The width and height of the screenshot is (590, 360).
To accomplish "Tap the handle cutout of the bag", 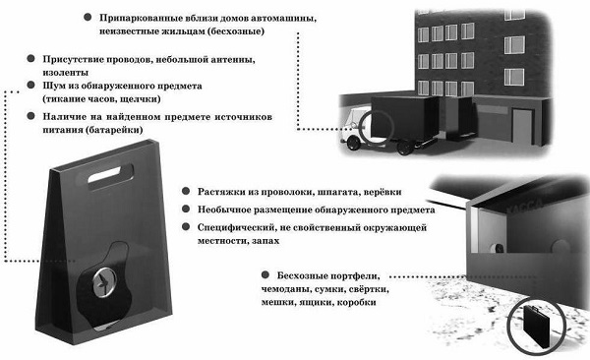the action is pyautogui.click(x=110, y=175).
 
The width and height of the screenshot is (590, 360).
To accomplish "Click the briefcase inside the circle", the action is pyautogui.click(x=536, y=327).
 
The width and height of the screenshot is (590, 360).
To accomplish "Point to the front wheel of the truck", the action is pyautogui.click(x=354, y=143).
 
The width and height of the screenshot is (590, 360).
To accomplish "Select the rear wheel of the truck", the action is pyautogui.click(x=405, y=147).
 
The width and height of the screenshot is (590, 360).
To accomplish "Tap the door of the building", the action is pyautogui.click(x=523, y=127).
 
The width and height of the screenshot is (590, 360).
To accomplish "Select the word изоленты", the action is pyautogui.click(x=66, y=73).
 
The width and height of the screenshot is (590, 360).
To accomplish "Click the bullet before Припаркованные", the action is pyautogui.click(x=88, y=17).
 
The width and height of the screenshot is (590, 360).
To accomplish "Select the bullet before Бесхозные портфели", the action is pyautogui.click(x=265, y=274).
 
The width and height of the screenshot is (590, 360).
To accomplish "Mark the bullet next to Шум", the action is pyautogui.click(x=30, y=85).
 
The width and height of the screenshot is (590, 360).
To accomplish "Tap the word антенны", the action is pyautogui.click(x=230, y=59).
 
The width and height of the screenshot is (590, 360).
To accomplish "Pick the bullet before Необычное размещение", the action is pyautogui.click(x=186, y=209).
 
